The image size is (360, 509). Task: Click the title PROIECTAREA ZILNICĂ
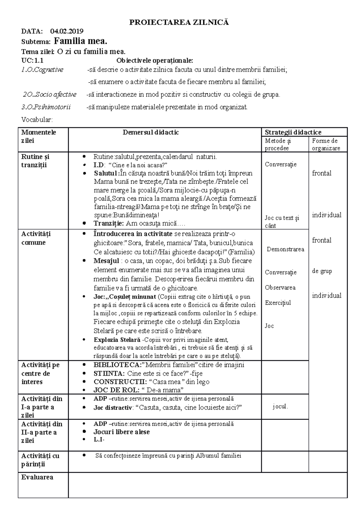click(179, 22)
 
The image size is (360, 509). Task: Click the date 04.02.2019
click(67, 31)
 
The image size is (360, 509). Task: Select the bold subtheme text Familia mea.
click(80, 41)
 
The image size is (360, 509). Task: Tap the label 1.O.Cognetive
click(42, 70)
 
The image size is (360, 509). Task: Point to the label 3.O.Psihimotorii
click(46, 107)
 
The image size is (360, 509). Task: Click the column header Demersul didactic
click(151, 132)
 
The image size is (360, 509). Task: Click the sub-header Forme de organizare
click(326, 144)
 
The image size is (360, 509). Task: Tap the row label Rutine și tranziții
click(35, 161)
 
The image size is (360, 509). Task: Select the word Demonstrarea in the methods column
click(285, 249)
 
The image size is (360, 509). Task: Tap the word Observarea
click(280, 287)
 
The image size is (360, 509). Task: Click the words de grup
click(322, 271)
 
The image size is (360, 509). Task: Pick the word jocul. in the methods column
click(280, 407)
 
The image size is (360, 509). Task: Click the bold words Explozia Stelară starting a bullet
click(117, 340)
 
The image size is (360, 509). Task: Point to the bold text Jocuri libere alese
click(121, 432)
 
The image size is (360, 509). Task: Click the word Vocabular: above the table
click(37, 120)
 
